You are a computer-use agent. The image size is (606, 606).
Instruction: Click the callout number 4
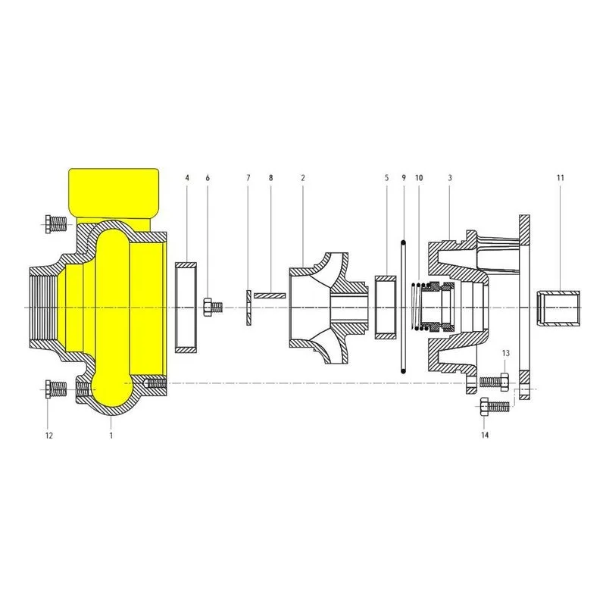pyautogui.click(x=187, y=178)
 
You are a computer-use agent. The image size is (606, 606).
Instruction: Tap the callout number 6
pyautogui.click(x=208, y=178)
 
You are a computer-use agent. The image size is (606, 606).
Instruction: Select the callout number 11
pyautogui.click(x=561, y=178)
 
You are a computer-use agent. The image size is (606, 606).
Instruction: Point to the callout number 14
pyautogui.click(x=485, y=435)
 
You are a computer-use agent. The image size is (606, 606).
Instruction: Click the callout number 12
pyautogui.click(x=48, y=436)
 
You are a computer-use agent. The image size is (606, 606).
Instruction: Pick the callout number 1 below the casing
pyautogui.click(x=111, y=436)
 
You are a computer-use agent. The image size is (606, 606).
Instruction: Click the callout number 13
pyautogui.click(x=505, y=353)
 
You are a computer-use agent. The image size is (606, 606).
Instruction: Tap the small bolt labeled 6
pyautogui.click(x=214, y=308)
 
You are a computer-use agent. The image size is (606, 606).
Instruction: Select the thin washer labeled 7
pyautogui.click(x=248, y=308)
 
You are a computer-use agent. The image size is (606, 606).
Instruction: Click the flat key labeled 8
pyautogui.click(x=270, y=295)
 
